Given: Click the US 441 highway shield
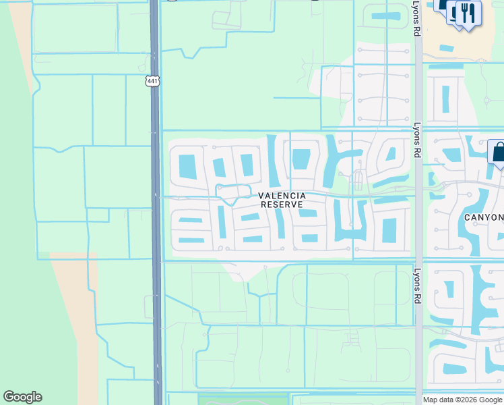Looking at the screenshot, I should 152,81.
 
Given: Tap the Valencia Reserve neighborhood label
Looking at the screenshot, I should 282,200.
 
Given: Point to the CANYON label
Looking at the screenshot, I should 484,217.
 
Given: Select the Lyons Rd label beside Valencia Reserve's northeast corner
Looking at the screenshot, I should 418,140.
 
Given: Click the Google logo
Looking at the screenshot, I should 22,397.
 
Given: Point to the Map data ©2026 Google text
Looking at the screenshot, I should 463,400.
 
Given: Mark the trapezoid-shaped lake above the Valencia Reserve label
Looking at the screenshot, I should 301,159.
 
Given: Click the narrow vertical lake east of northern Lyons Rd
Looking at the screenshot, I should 445,99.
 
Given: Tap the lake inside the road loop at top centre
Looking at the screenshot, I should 385,16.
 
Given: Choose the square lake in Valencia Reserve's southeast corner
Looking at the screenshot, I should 389,230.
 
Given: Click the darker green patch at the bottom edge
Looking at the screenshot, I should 243,399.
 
